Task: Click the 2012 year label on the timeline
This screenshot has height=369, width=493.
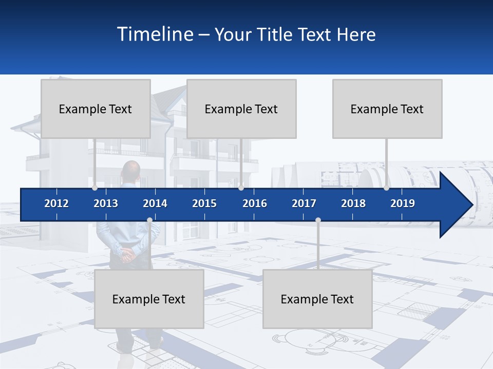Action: coord(56,203)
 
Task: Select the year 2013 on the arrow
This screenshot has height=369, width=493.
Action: coord(106,203)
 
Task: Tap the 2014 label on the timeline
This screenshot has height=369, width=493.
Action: coord(155,203)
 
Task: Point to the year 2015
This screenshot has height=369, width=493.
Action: coord(204,203)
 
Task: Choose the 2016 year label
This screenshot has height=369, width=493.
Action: coord(255,203)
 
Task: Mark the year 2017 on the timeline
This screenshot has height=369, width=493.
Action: coord(304,203)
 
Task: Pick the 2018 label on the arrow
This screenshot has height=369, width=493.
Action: coord(353,203)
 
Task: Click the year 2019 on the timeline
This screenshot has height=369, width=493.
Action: coord(403,203)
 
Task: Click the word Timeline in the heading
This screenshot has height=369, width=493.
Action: coord(155,34)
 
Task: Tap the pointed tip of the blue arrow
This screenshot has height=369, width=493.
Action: coord(471,204)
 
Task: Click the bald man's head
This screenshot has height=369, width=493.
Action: coord(131,169)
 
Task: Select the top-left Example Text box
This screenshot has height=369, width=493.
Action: coord(96,109)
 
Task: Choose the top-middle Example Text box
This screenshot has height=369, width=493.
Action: coord(241,109)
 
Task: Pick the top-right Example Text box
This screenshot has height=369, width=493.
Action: coord(387,109)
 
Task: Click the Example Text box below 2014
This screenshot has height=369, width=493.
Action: coord(149,299)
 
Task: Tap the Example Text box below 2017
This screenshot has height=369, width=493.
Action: coord(317,299)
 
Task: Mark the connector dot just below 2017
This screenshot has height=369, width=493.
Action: coord(318,220)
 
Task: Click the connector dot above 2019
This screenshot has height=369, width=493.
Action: coord(386,188)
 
